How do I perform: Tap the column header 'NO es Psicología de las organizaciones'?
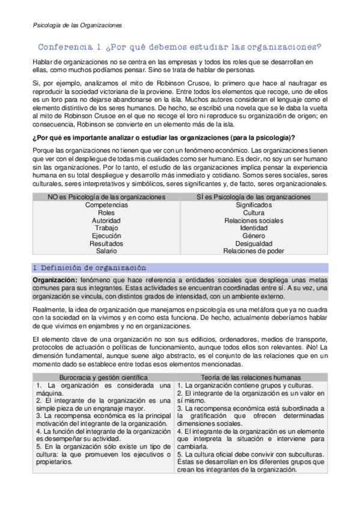[106, 197]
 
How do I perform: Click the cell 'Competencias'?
[106, 205]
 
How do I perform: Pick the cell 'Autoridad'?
[106, 221]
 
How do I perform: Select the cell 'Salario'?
[106, 251]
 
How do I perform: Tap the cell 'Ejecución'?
[106, 236]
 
